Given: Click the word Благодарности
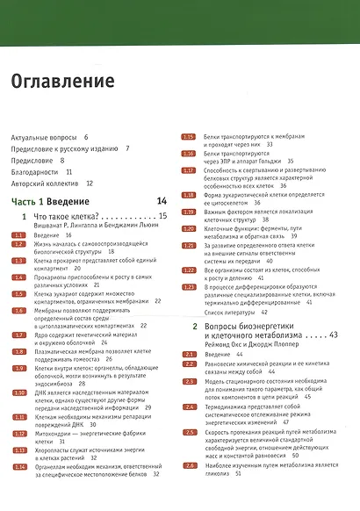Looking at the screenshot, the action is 34,173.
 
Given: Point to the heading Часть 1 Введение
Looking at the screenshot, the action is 46,203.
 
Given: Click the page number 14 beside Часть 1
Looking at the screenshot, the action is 161,202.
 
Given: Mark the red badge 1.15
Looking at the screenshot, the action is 187,138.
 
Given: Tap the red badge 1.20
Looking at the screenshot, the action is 187,228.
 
